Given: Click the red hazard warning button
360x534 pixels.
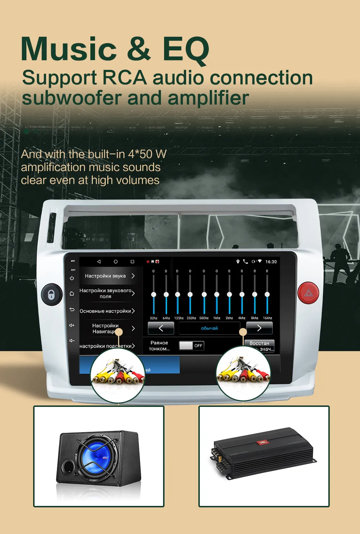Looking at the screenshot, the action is [x=309, y=293].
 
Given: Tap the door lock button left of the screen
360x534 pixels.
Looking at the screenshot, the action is [x=51, y=294].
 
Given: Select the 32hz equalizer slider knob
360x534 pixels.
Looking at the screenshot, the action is [x=154, y=295].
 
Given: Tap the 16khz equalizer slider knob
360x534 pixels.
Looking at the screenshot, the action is [x=267, y=295].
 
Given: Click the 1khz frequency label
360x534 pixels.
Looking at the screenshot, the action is [x=217, y=318].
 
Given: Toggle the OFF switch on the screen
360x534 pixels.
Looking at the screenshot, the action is [x=192, y=346].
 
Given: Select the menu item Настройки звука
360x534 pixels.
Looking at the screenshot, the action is [x=105, y=276].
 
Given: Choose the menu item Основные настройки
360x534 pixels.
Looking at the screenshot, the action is [x=105, y=311].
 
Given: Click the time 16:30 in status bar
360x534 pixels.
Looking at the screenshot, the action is [x=271, y=262].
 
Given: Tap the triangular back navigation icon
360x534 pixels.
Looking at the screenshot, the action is [x=99, y=261].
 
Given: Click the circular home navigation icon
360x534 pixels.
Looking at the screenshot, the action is [x=116, y=261].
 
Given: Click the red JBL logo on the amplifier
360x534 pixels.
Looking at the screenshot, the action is [x=262, y=442].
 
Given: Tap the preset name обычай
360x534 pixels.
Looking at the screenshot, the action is [x=210, y=328].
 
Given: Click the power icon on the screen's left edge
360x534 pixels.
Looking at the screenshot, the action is [x=72, y=278].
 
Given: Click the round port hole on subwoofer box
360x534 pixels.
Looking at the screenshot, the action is [x=67, y=467].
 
